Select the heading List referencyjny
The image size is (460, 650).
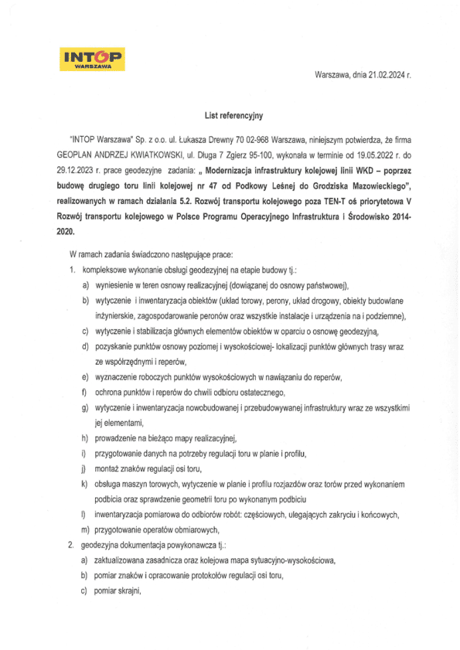click(233, 116)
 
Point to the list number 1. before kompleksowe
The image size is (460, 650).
click(70, 270)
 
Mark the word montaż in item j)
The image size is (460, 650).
click(109, 468)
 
